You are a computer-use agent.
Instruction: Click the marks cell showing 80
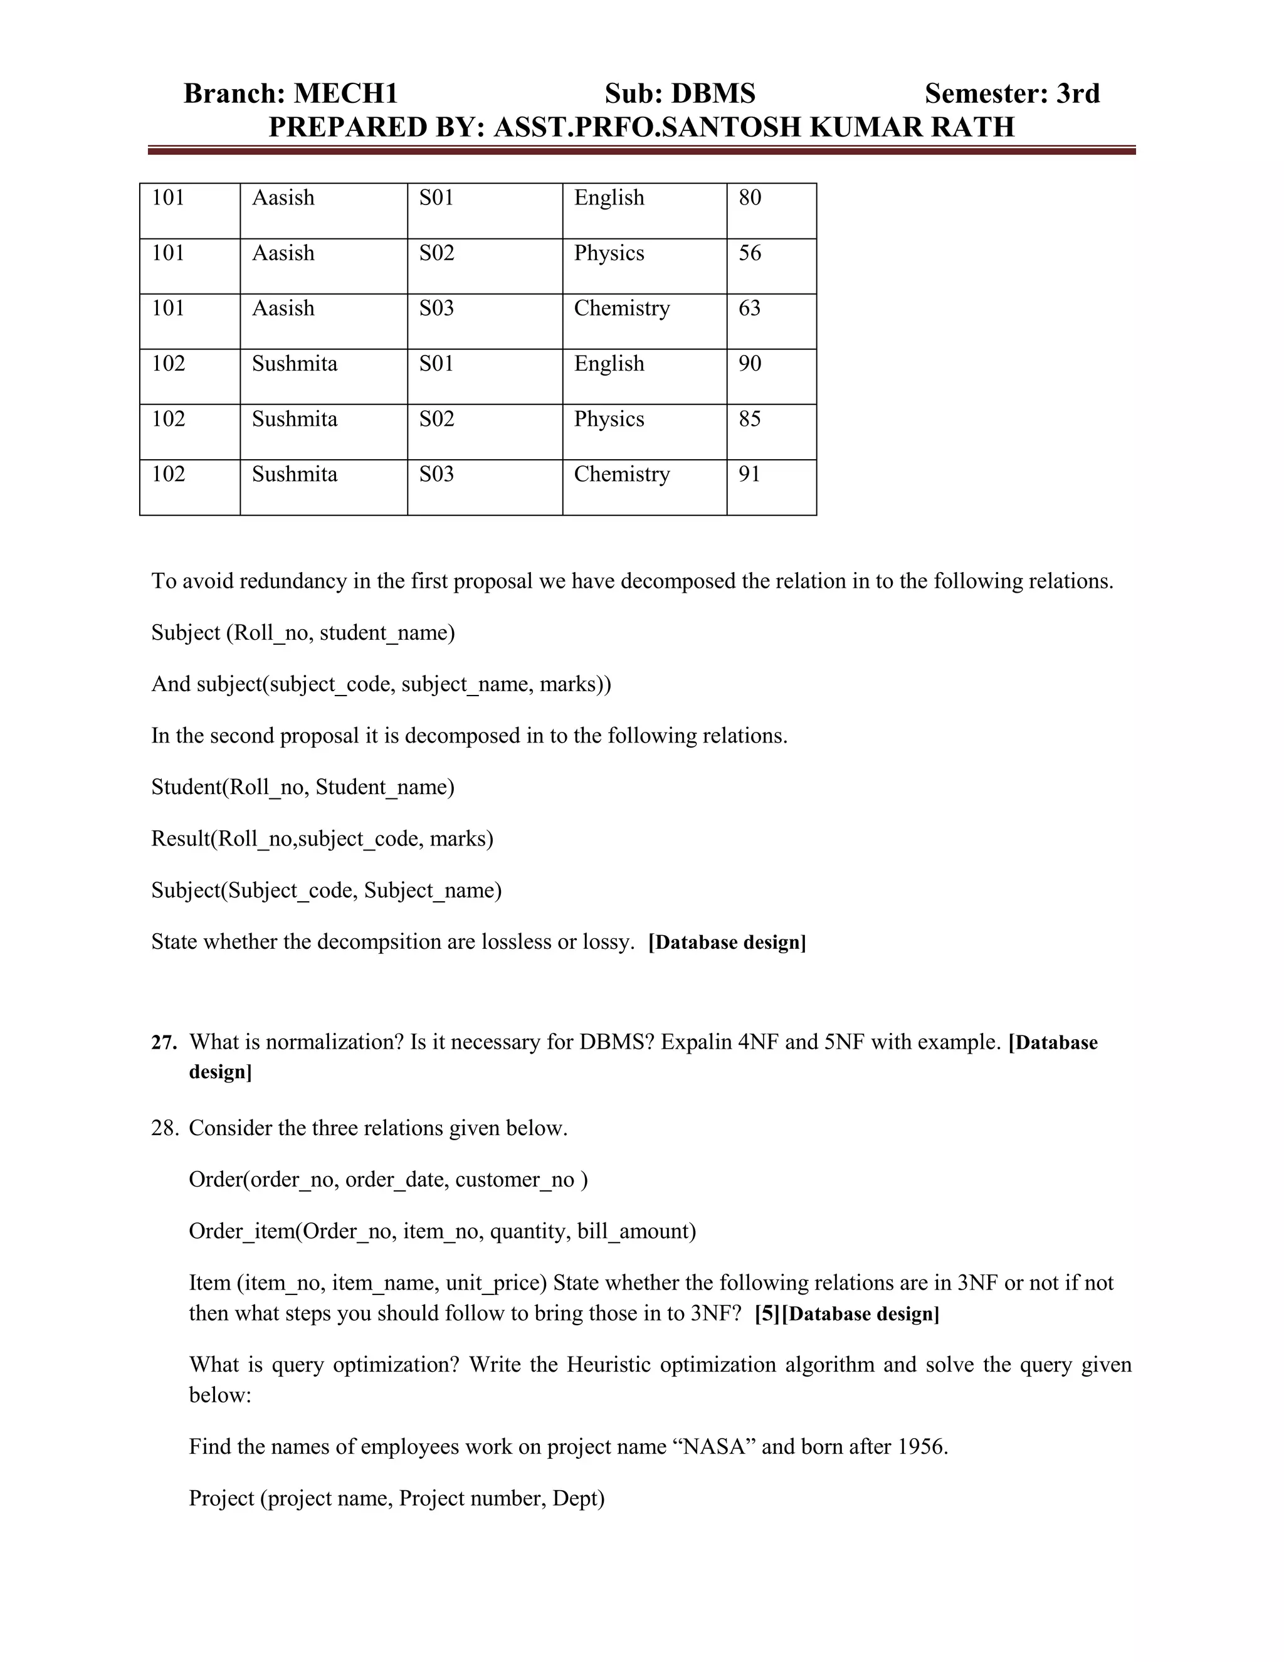[x=749, y=198]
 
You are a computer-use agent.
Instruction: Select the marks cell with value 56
[x=749, y=253]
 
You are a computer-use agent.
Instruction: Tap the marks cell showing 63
[x=749, y=308]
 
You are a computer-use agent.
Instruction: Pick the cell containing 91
[x=749, y=474]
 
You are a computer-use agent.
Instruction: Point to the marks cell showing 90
[x=749, y=364]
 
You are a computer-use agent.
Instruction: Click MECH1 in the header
[x=345, y=93]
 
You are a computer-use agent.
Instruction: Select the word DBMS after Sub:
[x=713, y=93]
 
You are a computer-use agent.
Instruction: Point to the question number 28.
[x=164, y=1128]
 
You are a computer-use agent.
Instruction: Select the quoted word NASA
[x=713, y=1447]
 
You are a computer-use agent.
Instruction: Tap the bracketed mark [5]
[x=767, y=1314]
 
